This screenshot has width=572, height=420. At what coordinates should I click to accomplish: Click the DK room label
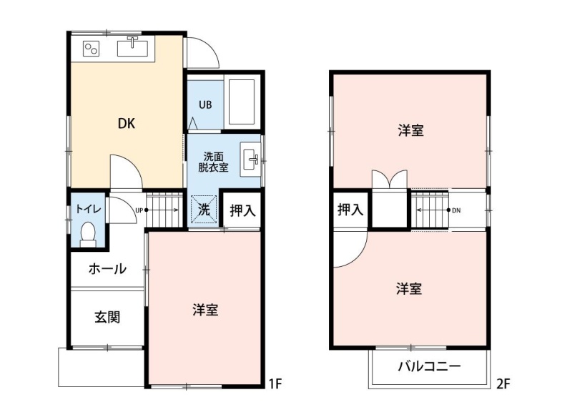click(x=127, y=124)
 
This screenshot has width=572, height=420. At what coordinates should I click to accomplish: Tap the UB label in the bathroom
click(x=205, y=105)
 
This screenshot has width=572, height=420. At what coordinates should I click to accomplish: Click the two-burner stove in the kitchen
click(x=92, y=49)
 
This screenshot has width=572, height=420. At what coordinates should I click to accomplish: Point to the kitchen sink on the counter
click(x=132, y=47)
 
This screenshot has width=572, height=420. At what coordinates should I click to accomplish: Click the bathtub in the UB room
click(x=242, y=102)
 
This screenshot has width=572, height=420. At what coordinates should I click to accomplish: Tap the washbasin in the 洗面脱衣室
click(x=250, y=160)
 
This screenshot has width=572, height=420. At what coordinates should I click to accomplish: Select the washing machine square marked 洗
click(x=204, y=210)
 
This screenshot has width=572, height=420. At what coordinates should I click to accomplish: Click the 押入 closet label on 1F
click(x=242, y=210)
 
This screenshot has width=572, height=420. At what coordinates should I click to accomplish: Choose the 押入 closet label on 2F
click(x=350, y=210)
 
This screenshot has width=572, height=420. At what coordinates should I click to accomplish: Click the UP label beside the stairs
click(x=139, y=210)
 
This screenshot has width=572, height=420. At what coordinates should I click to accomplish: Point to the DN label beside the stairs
click(x=456, y=210)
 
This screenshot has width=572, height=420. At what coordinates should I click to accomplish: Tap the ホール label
click(x=107, y=269)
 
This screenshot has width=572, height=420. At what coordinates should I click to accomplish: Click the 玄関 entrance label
click(x=107, y=317)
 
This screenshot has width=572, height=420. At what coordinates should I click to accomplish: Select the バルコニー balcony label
click(x=430, y=366)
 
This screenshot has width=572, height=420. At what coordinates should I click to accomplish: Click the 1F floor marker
click(x=275, y=384)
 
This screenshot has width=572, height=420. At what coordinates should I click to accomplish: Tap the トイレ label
click(x=88, y=209)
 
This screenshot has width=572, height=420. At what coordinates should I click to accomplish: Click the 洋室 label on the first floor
click(x=205, y=310)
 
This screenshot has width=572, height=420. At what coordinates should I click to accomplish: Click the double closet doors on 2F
click(x=389, y=179)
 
